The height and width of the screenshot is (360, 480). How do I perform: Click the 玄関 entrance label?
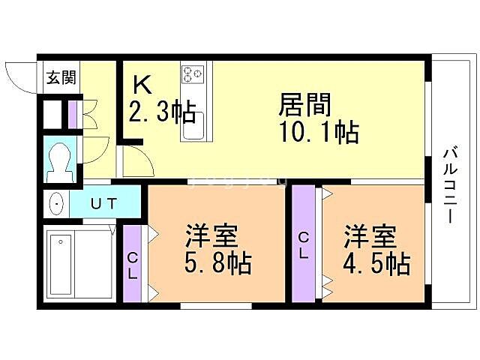(61, 77)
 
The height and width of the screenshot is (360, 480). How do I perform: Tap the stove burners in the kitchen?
(192, 73)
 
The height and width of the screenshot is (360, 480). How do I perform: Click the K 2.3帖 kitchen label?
(162, 102)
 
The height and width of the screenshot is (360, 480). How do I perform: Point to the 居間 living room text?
(306, 104)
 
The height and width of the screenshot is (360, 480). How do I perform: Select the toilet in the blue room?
(60, 159)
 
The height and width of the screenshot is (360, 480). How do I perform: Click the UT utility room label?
(104, 202)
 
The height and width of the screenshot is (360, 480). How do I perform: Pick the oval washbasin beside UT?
(56, 202)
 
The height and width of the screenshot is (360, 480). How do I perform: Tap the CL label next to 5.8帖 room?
(132, 265)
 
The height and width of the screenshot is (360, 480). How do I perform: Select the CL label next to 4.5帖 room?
(304, 244)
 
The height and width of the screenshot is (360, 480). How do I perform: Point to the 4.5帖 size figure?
(376, 264)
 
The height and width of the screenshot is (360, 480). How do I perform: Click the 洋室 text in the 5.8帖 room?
(211, 236)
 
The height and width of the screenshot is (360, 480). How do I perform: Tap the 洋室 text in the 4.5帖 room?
(369, 236)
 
